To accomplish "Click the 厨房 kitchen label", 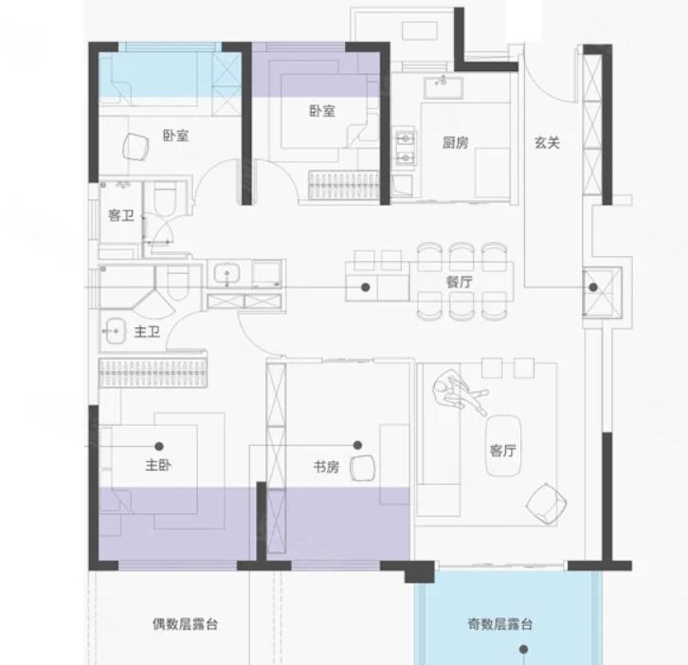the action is pyautogui.click(x=455, y=142).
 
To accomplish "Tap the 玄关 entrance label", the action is pyautogui.click(x=547, y=142).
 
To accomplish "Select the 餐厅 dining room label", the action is pyautogui.click(x=460, y=282).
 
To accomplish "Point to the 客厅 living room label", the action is pyautogui.click(x=503, y=451).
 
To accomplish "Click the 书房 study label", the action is pyautogui.click(x=326, y=467).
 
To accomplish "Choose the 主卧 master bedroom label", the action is pyautogui.click(x=158, y=465).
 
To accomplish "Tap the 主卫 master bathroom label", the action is pyautogui.click(x=147, y=332).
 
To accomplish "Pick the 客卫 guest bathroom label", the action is pyautogui.click(x=121, y=215).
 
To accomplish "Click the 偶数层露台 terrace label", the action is pyautogui.click(x=185, y=623).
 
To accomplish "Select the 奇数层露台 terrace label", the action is pyautogui.click(x=500, y=623).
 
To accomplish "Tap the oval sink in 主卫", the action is pyautogui.click(x=115, y=331).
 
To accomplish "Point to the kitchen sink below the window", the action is pyautogui.click(x=444, y=88).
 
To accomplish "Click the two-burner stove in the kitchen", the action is pyautogui.click(x=405, y=148).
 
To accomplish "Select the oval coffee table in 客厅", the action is pyautogui.click(x=503, y=445).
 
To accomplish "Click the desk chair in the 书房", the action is pyautogui.click(x=363, y=468).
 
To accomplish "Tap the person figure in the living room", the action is pyautogui.click(x=460, y=392).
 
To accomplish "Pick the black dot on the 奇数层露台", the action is pyautogui.click(x=523, y=649).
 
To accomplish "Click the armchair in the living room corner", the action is pyautogui.click(x=546, y=504).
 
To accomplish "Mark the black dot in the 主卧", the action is pyautogui.click(x=159, y=446).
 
